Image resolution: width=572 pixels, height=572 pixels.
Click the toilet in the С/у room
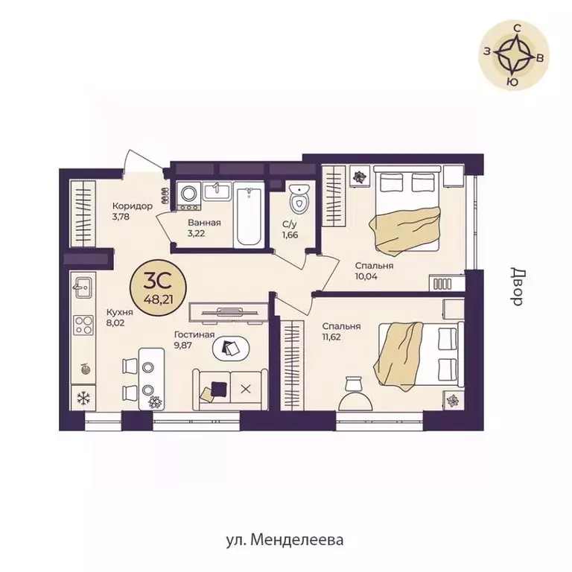coord(299,200)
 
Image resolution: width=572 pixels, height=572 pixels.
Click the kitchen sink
coord(83,287)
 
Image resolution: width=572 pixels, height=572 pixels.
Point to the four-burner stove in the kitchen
coord(83,325)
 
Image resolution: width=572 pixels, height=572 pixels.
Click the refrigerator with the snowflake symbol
coord(83,398)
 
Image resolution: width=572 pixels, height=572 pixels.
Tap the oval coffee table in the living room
coord(232,348)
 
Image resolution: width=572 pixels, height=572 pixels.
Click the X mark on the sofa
coord(246,390)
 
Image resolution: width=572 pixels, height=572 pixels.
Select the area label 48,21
coord(159,300)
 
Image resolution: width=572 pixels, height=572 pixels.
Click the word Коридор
coord(133,206)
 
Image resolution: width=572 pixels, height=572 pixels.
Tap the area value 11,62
coord(331,337)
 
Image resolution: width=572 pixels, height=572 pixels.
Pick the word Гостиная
coord(194,334)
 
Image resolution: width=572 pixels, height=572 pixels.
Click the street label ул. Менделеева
coord(285,540)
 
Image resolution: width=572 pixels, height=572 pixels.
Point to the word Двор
coord(518,287)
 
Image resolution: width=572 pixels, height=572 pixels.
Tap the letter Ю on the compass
coord(513,83)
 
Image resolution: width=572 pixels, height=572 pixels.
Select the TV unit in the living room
coord(229,313)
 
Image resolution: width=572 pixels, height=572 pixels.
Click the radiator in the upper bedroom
coord(442,284)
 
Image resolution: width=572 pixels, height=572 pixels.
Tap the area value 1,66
coord(290,235)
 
